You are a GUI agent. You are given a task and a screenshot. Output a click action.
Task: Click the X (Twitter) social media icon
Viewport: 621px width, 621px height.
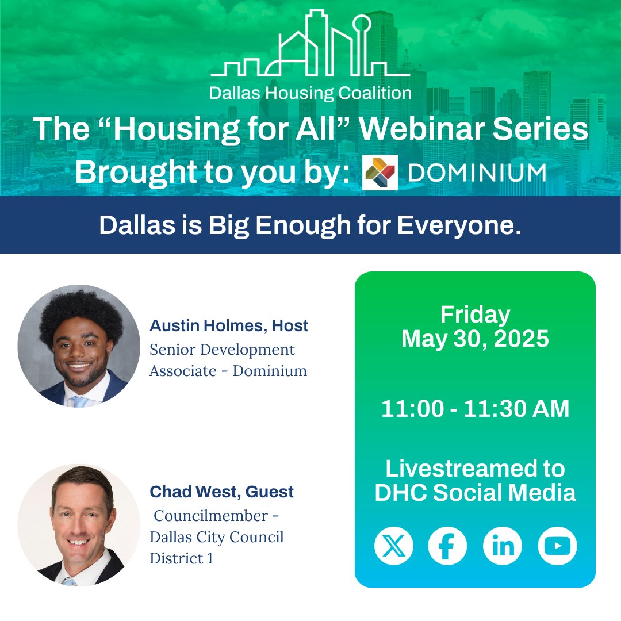(394, 545)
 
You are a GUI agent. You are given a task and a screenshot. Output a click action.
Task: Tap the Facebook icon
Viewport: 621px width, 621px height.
(447, 545)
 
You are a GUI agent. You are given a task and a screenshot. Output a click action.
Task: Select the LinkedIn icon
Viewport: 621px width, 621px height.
(502, 545)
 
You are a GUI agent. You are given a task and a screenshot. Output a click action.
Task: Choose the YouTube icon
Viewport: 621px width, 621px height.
(557, 545)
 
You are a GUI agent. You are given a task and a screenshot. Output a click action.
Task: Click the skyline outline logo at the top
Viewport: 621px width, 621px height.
(310, 46)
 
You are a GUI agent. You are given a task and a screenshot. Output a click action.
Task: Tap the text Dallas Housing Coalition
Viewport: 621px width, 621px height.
(310, 93)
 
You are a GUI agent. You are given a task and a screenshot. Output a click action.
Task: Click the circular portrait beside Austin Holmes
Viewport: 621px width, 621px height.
(79, 346)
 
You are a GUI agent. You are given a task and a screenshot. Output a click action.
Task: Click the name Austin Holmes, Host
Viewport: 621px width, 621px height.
(229, 326)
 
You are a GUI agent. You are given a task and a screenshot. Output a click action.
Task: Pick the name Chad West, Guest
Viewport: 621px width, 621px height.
(221, 492)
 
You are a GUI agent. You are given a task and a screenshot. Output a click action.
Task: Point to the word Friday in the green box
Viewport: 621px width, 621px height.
(475, 315)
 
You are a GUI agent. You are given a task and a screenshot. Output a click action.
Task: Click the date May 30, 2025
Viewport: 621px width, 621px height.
(475, 339)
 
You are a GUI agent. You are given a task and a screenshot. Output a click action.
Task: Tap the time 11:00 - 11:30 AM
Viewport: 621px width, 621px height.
(475, 409)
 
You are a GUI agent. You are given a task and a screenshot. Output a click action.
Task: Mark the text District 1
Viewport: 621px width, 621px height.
(181, 558)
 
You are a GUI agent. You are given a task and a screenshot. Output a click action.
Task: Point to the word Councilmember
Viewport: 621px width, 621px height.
(211, 516)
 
